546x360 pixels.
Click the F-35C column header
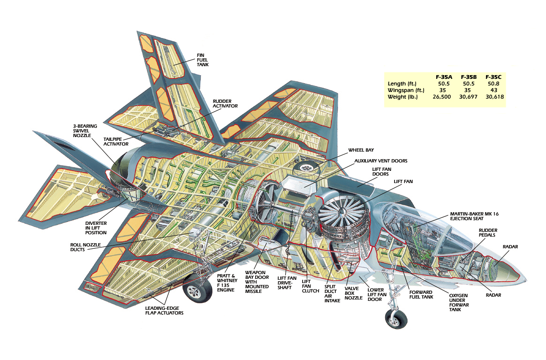493,77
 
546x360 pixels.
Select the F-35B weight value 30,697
468,97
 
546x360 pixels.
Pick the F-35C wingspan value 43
493,90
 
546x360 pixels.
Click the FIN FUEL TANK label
203,59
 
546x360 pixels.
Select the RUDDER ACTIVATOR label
225,103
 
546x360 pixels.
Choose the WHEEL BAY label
361,150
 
